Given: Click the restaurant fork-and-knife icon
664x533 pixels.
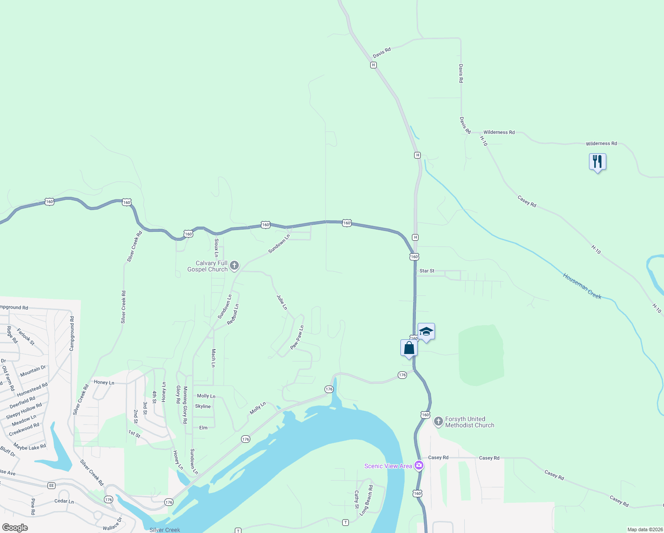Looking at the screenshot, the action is (597, 161).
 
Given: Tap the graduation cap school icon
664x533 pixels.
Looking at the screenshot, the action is (426, 331).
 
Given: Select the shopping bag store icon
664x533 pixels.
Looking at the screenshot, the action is (409, 348).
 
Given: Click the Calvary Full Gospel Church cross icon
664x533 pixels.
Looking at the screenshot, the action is (234, 266).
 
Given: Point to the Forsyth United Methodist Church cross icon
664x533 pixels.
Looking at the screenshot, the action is (438, 421).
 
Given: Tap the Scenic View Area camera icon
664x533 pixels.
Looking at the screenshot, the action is (419, 465).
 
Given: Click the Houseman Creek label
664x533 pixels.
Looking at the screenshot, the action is (582, 286).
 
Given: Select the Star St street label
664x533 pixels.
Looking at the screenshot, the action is (427, 270).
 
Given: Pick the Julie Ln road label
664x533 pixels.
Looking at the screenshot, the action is (282, 302).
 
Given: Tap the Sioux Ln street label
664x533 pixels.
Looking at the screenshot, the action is (217, 247).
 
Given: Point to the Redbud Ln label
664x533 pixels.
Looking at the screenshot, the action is (233, 314).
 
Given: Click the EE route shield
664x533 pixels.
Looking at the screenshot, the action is (51, 485).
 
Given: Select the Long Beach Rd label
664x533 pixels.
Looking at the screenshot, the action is (367, 500).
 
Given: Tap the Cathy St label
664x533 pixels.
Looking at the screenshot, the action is (356, 499).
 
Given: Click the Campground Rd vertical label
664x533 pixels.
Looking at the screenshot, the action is (72, 334).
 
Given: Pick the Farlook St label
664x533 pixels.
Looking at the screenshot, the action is (26, 336).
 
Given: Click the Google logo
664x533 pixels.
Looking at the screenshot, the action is (15, 528).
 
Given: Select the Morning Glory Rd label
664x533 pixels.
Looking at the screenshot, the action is (185, 405).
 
